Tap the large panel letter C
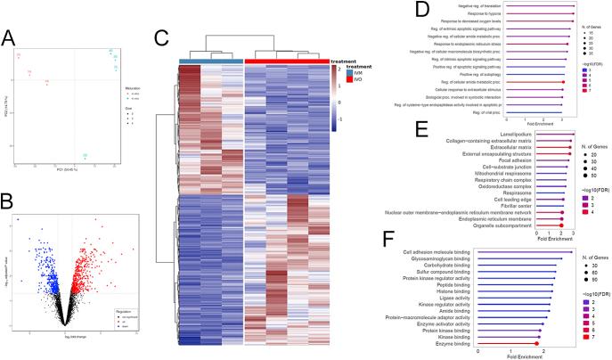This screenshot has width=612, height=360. point(160,39)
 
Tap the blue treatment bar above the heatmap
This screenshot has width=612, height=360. point(210,60)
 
